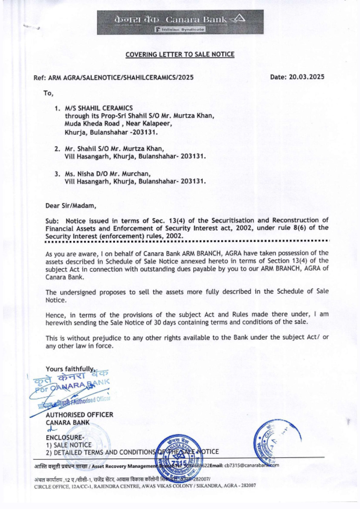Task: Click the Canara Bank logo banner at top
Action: pyautogui.click(x=180, y=22)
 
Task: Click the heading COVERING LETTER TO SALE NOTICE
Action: pyautogui.click(x=180, y=55)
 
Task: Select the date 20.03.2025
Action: pyautogui.click(x=307, y=77)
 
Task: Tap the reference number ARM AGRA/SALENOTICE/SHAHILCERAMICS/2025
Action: pyautogui.click(x=121, y=77)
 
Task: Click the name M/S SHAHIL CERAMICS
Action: pyautogui.click(x=99, y=108)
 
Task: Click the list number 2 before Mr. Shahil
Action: pyautogui.click(x=57, y=149)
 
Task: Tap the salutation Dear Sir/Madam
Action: pyautogui.click(x=71, y=206)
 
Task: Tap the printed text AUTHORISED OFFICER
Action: pyautogui.click(x=80, y=415)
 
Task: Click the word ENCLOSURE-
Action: pyautogui.click(x=65, y=438)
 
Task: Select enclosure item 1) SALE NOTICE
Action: pyautogui.click(x=68, y=445)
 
